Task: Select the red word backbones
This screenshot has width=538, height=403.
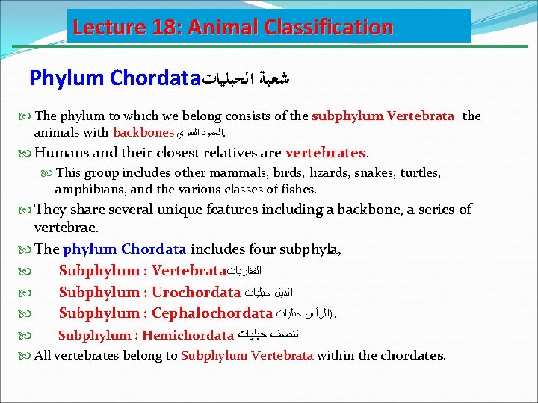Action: point(143,133)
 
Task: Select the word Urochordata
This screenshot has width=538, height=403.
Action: point(196,292)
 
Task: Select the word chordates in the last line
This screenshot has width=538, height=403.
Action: point(412,355)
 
